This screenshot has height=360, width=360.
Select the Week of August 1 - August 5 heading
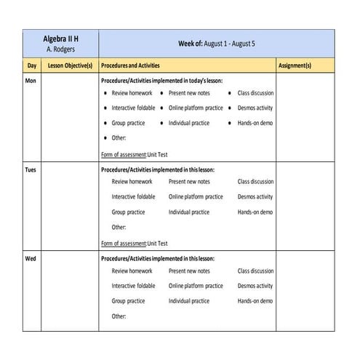217,44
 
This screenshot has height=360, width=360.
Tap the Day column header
32,65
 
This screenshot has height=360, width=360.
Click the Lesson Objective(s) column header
70,65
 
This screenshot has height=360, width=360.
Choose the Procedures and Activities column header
130,65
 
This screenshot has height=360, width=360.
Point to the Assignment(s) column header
295,65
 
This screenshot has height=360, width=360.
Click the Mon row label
31,81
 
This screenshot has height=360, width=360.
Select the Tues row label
31,170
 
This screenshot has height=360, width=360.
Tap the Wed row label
31,260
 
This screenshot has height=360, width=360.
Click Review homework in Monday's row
132,94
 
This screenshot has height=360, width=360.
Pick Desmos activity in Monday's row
255,108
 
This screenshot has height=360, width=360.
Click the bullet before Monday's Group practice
105,124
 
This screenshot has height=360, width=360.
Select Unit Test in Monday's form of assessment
157,154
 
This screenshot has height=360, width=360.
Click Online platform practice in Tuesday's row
196,197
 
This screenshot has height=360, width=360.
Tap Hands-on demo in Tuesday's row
255,212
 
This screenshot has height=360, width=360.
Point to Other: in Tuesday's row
119,228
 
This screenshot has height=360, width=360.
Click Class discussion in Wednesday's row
255,271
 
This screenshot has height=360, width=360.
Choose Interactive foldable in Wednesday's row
133,287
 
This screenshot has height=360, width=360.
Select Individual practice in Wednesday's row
188,301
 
